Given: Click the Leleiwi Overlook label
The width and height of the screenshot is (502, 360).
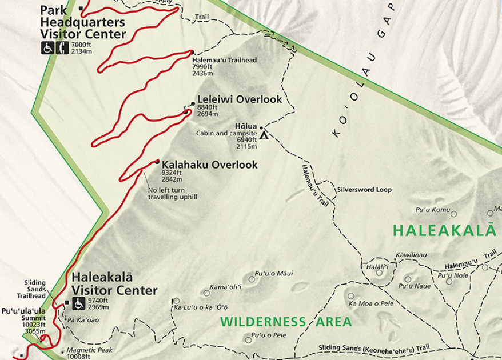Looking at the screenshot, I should [240, 99].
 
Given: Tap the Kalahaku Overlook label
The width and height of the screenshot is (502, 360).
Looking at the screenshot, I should [209, 165].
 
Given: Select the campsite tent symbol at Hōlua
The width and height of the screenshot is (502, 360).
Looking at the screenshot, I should [264, 135].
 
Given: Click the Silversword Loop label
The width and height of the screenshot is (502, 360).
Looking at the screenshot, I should [364, 190].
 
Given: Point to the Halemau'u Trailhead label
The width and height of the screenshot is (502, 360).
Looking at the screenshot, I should [225, 60].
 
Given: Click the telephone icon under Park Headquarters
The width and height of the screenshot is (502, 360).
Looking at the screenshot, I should [63, 48].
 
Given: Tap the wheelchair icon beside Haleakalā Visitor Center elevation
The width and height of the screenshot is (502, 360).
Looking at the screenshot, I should [79, 303].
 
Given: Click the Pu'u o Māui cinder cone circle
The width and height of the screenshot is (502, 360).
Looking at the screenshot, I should [252, 279].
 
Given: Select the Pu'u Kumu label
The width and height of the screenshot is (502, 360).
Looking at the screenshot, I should [432, 210].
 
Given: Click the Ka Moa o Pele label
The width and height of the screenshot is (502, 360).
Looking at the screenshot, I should [370, 303].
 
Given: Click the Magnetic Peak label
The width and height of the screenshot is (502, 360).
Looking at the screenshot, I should [89, 350].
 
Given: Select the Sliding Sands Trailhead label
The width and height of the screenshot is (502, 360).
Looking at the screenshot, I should [31, 289].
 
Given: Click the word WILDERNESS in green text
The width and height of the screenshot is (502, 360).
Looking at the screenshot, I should [264, 322].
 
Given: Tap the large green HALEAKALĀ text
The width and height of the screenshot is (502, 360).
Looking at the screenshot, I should [444, 230].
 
